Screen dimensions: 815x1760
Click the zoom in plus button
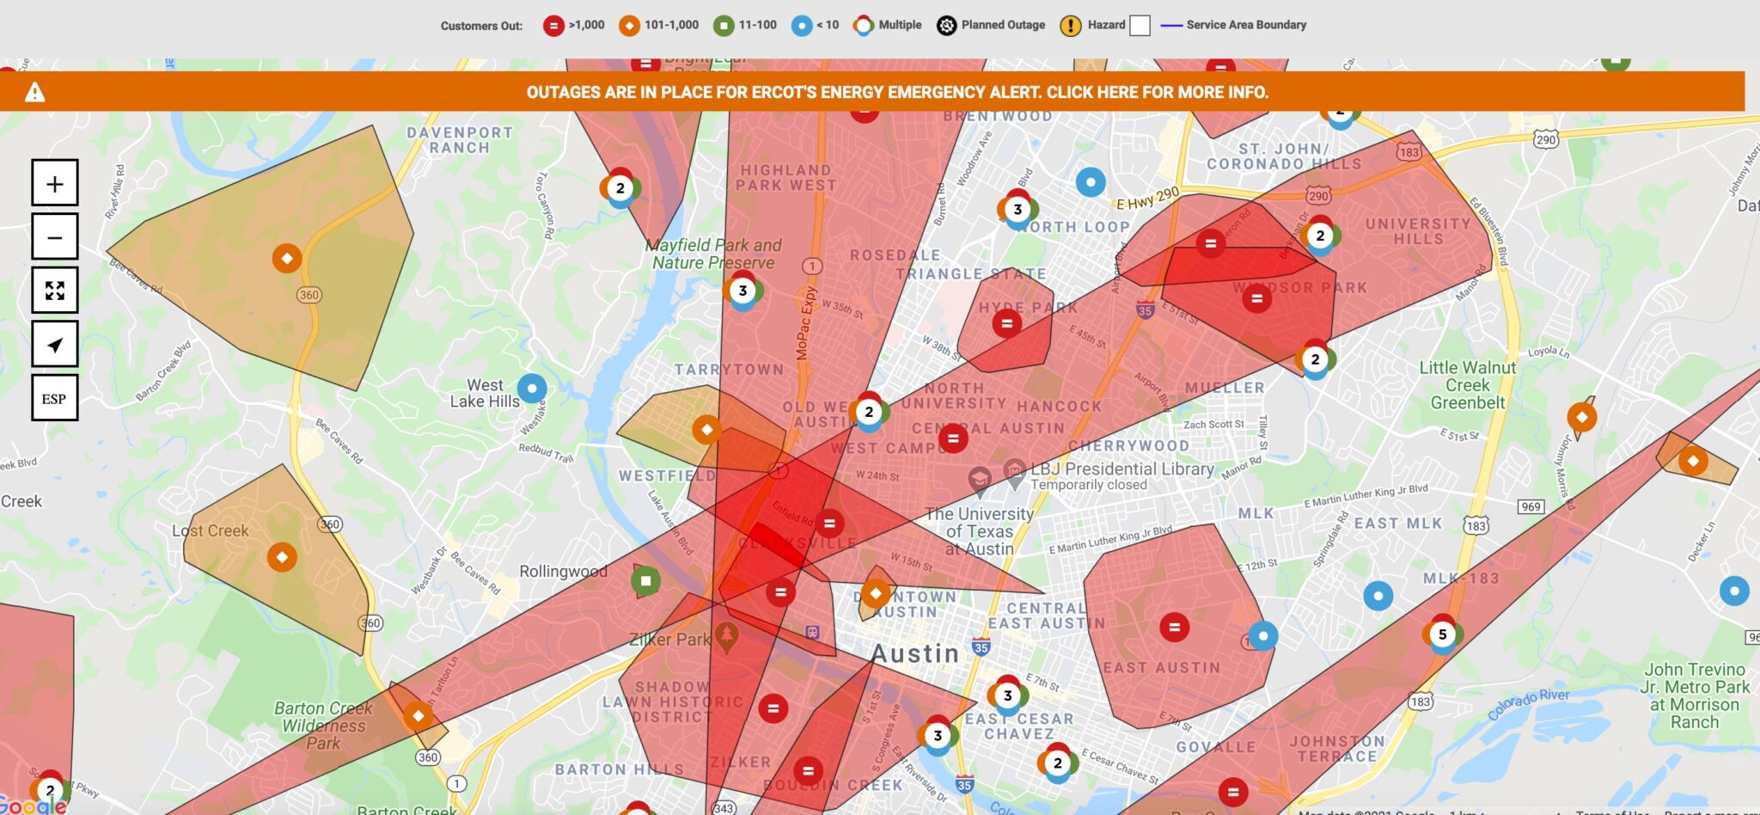[55, 183]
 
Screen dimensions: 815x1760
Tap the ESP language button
[55, 398]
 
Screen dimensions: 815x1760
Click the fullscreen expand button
[55, 291]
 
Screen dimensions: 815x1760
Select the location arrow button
[55, 345]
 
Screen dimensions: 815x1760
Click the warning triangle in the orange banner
[34, 92]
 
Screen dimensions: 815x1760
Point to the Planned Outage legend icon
[946, 26]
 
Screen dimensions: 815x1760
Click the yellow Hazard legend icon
[1070, 26]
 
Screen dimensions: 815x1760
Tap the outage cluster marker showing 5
[1442, 634]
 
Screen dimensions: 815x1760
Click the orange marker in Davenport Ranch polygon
[287, 258]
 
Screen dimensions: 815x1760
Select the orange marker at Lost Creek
[282, 557]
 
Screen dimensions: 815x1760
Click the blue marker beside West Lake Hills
[532, 389]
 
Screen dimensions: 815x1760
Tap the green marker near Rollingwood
[646, 581]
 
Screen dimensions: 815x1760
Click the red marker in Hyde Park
[1006, 323]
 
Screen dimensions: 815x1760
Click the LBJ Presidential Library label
[1121, 469]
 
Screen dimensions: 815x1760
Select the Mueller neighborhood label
[1225, 388]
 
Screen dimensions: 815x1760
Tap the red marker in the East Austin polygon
[1174, 627]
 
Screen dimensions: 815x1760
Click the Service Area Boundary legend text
[1246, 25]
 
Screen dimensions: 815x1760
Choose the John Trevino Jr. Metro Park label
[1695, 696]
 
